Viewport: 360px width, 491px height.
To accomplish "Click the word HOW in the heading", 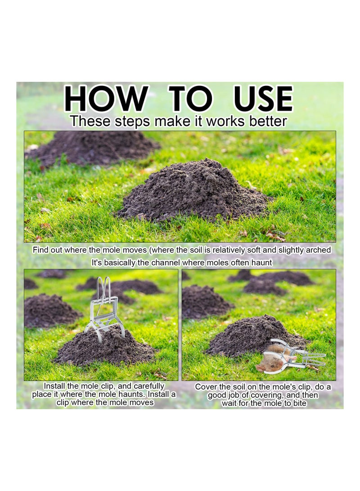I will pyautogui.click(x=106, y=99).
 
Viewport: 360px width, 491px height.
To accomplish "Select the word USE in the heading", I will pyautogui.click(x=263, y=99).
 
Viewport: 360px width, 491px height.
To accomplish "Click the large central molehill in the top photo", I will pyautogui.click(x=193, y=191).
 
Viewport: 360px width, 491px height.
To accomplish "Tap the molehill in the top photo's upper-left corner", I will pyautogui.click(x=94, y=147).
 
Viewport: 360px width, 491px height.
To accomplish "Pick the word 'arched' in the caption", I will pyautogui.click(x=317, y=250).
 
